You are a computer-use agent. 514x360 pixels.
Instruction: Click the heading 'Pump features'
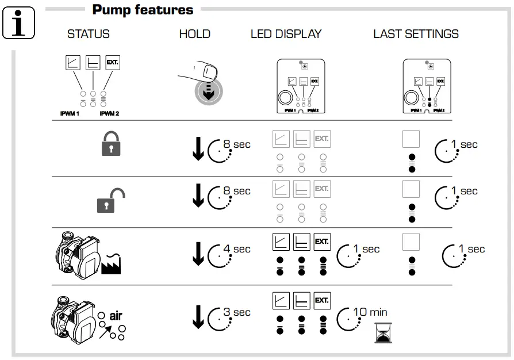pyautogui.click(x=143, y=9)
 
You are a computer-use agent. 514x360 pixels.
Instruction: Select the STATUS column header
pyautogui.click(x=88, y=34)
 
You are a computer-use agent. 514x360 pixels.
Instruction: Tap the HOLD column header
pyautogui.click(x=194, y=34)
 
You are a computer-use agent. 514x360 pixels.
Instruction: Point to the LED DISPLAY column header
pyautogui.click(x=286, y=34)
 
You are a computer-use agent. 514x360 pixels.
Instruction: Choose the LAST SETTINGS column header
pyautogui.click(x=416, y=34)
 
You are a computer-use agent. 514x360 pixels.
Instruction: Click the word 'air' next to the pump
pyautogui.click(x=116, y=316)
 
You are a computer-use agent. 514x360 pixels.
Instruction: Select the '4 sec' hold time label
pyautogui.click(x=236, y=249)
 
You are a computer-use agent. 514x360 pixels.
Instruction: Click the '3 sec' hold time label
pyautogui.click(x=236, y=312)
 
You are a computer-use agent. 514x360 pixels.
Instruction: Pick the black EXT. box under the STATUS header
pyautogui.click(x=113, y=62)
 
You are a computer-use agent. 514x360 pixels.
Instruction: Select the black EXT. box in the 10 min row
pyautogui.click(x=322, y=300)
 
